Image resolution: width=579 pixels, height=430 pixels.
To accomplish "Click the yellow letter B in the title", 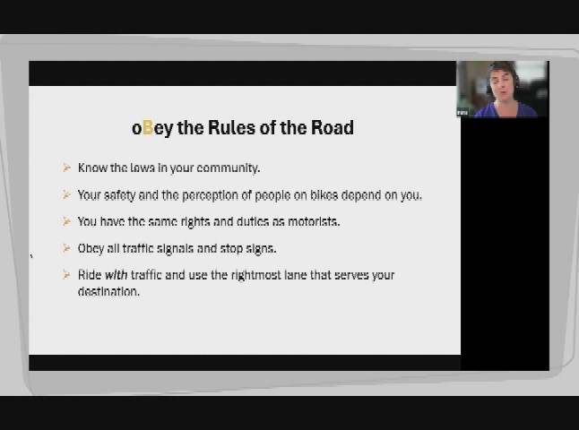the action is pyautogui.click(x=148, y=128).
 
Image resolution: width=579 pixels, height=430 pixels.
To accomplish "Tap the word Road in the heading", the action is pyautogui.click(x=333, y=128).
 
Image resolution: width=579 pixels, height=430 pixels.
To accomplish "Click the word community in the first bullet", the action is pyautogui.click(x=229, y=168).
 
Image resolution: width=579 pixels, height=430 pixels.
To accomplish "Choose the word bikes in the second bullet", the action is pyautogui.click(x=324, y=195).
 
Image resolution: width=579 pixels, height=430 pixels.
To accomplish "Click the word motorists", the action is pyautogui.click(x=314, y=221).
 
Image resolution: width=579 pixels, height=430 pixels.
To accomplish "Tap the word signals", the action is pyautogui.click(x=175, y=249).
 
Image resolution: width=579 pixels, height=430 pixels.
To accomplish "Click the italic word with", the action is pyautogui.click(x=117, y=275).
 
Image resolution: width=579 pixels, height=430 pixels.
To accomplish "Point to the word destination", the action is pyautogui.click(x=108, y=291).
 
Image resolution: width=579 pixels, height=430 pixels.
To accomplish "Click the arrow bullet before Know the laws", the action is pyautogui.click(x=66, y=168).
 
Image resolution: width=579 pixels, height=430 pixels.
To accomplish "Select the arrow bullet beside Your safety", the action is pyautogui.click(x=66, y=194).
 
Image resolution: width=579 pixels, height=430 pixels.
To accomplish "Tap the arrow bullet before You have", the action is pyautogui.click(x=66, y=221).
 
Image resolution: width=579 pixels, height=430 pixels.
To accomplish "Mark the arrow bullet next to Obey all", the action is pyautogui.click(x=66, y=248).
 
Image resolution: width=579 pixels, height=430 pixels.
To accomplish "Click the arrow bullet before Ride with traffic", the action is pyautogui.click(x=66, y=275).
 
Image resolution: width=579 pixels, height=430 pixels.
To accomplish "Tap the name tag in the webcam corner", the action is pyautogui.click(x=462, y=113).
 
